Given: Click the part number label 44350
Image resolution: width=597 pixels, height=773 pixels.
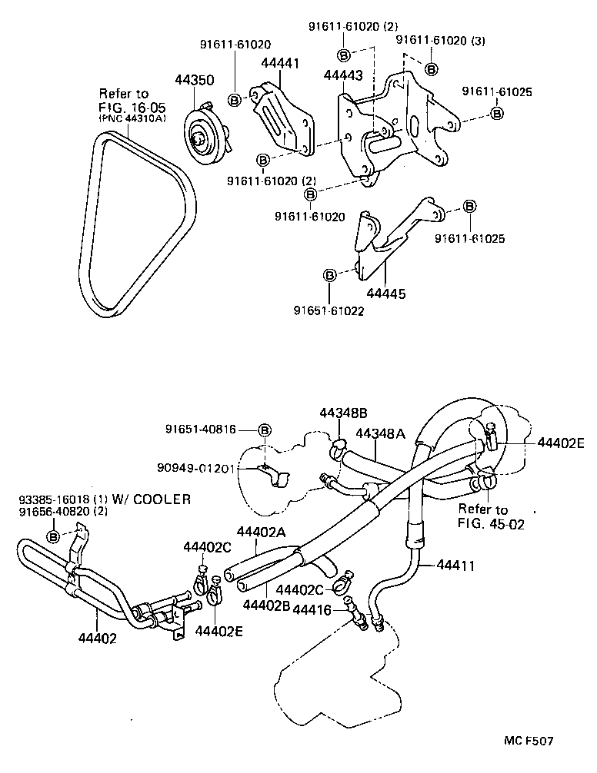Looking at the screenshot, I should [193, 81].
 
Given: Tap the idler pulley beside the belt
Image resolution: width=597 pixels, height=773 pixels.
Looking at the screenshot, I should [204, 139].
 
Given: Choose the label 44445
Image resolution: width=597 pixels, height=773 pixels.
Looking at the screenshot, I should [386, 294].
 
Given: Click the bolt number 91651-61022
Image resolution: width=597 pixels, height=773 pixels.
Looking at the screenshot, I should [329, 311].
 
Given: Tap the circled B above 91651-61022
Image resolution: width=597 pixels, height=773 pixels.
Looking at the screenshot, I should [329, 274].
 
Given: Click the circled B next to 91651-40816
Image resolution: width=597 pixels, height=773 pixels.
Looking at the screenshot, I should [264, 430].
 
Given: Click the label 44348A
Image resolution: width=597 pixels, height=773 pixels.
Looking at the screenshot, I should [380, 433].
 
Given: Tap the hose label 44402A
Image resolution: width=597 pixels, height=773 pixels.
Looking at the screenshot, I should [261, 531].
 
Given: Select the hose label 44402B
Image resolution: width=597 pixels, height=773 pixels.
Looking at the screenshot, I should [265, 605].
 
